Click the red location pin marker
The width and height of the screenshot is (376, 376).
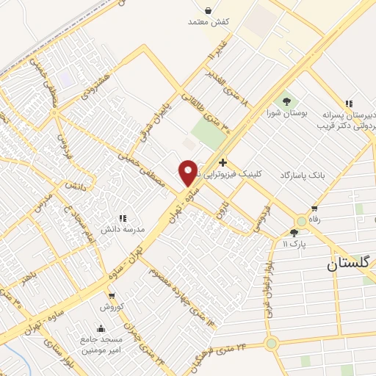[x=188, y=173]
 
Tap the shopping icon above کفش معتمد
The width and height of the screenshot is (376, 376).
[x=209, y=10]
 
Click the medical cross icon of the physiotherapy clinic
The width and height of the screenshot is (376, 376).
[x=223, y=162]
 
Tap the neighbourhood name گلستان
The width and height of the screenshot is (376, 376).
[x=352, y=266]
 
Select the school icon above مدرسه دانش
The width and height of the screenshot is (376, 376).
[x=123, y=218]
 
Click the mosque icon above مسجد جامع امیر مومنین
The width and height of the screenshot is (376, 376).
[x=101, y=328]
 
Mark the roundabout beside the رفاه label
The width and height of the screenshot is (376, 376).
[x=301, y=221]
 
